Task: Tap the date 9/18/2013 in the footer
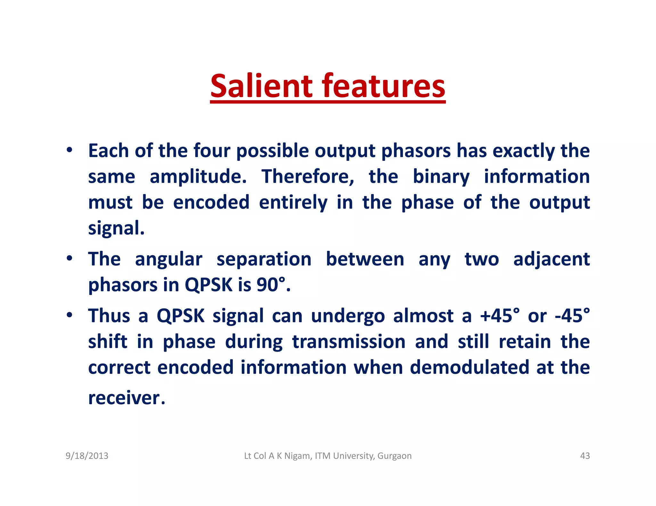coord(87,456)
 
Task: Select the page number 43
coord(585,456)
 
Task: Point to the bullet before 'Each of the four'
coord(69,150)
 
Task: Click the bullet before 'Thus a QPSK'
coord(69,315)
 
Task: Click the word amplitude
coord(198,177)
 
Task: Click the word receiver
coord(126,398)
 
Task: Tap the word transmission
coord(349,342)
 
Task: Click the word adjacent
coord(551,259)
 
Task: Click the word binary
coord(441,177)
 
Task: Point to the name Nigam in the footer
coord(297,456)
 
